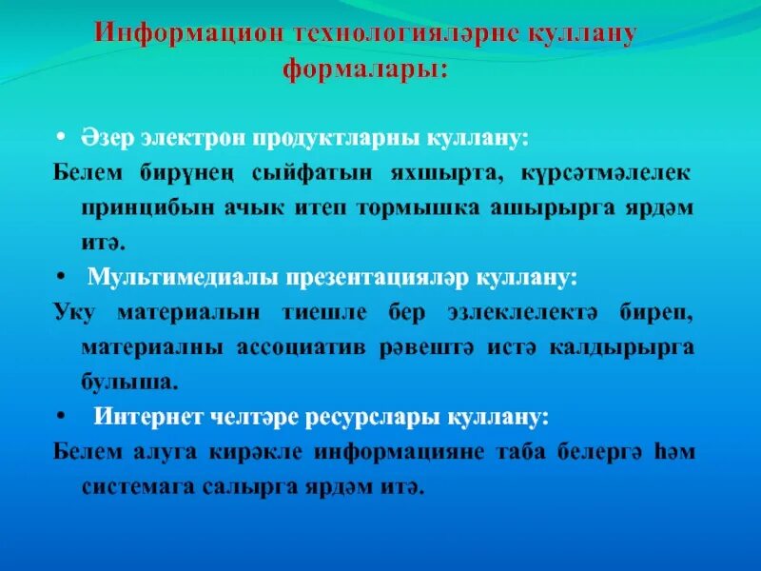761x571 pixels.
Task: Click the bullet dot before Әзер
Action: [x=59, y=136]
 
